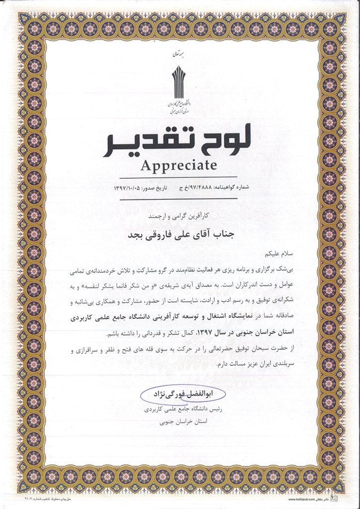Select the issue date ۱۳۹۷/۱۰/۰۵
click(131, 189)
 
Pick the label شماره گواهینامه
click(232, 189)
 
